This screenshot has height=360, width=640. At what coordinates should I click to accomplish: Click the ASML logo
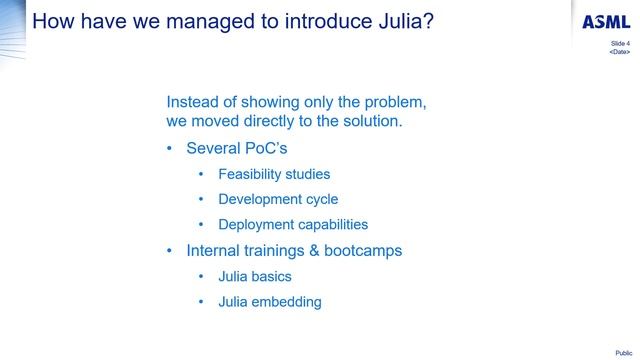click(606, 23)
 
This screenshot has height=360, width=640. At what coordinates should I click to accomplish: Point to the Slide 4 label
click(620, 44)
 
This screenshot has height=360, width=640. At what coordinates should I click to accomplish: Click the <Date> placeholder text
click(620, 52)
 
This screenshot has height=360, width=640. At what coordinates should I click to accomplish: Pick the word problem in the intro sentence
click(395, 102)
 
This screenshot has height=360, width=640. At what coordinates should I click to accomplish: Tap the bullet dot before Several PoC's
click(170, 149)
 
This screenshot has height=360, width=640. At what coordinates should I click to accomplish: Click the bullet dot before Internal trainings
click(170, 250)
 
